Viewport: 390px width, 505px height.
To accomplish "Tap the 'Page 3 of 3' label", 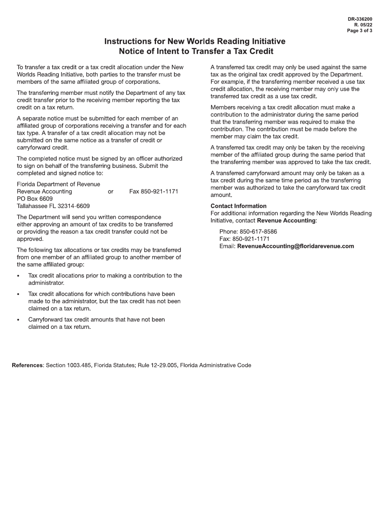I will coord(360,30).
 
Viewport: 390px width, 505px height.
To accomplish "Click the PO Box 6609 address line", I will coord(35,199).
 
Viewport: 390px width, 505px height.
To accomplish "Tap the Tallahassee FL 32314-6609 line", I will coord(53,206).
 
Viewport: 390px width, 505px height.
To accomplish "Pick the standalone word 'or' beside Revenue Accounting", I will coord(110,192).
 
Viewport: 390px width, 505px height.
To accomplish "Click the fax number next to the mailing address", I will coord(154,192).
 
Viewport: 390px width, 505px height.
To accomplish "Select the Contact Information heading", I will coord(239,206).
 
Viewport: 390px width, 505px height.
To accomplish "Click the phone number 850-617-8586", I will coord(258,232).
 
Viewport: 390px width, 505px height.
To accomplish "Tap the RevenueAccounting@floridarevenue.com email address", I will coord(296,246).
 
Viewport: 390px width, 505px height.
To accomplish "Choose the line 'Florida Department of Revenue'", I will coord(58,184).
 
